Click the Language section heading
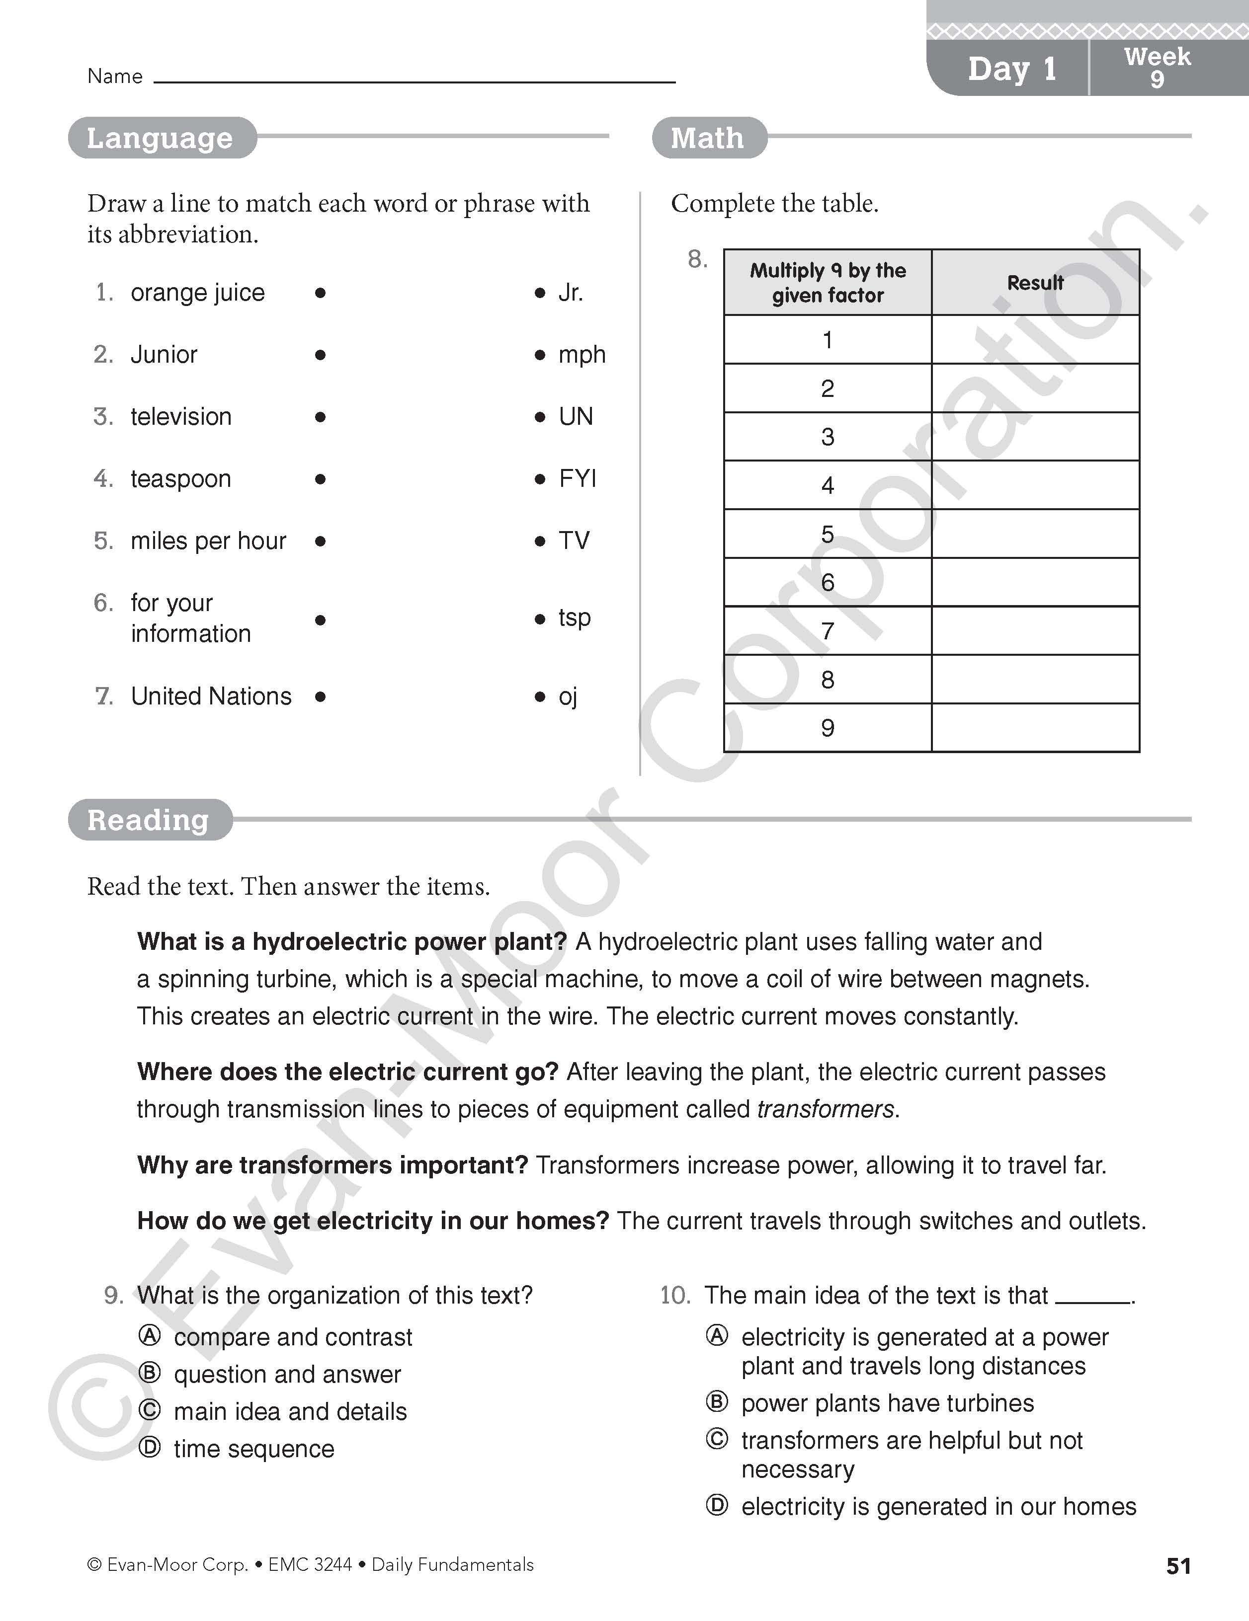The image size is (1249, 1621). pos(161,138)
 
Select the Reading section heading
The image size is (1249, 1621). pos(149,820)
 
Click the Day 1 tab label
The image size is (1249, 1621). pos(1011,69)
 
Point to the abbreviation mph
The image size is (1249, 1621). pos(582,355)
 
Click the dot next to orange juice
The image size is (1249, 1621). pos(320,293)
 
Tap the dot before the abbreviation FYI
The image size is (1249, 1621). pos(540,479)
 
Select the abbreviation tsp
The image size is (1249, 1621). pos(574,618)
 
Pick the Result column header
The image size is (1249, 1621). pos(1035,283)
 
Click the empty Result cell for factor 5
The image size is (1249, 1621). pos(1035,534)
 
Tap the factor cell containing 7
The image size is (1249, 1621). pos(827,631)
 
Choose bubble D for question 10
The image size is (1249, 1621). pos(717,1505)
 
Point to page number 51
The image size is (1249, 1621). pos(1178,1566)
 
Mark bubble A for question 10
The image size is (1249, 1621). pos(717,1336)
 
